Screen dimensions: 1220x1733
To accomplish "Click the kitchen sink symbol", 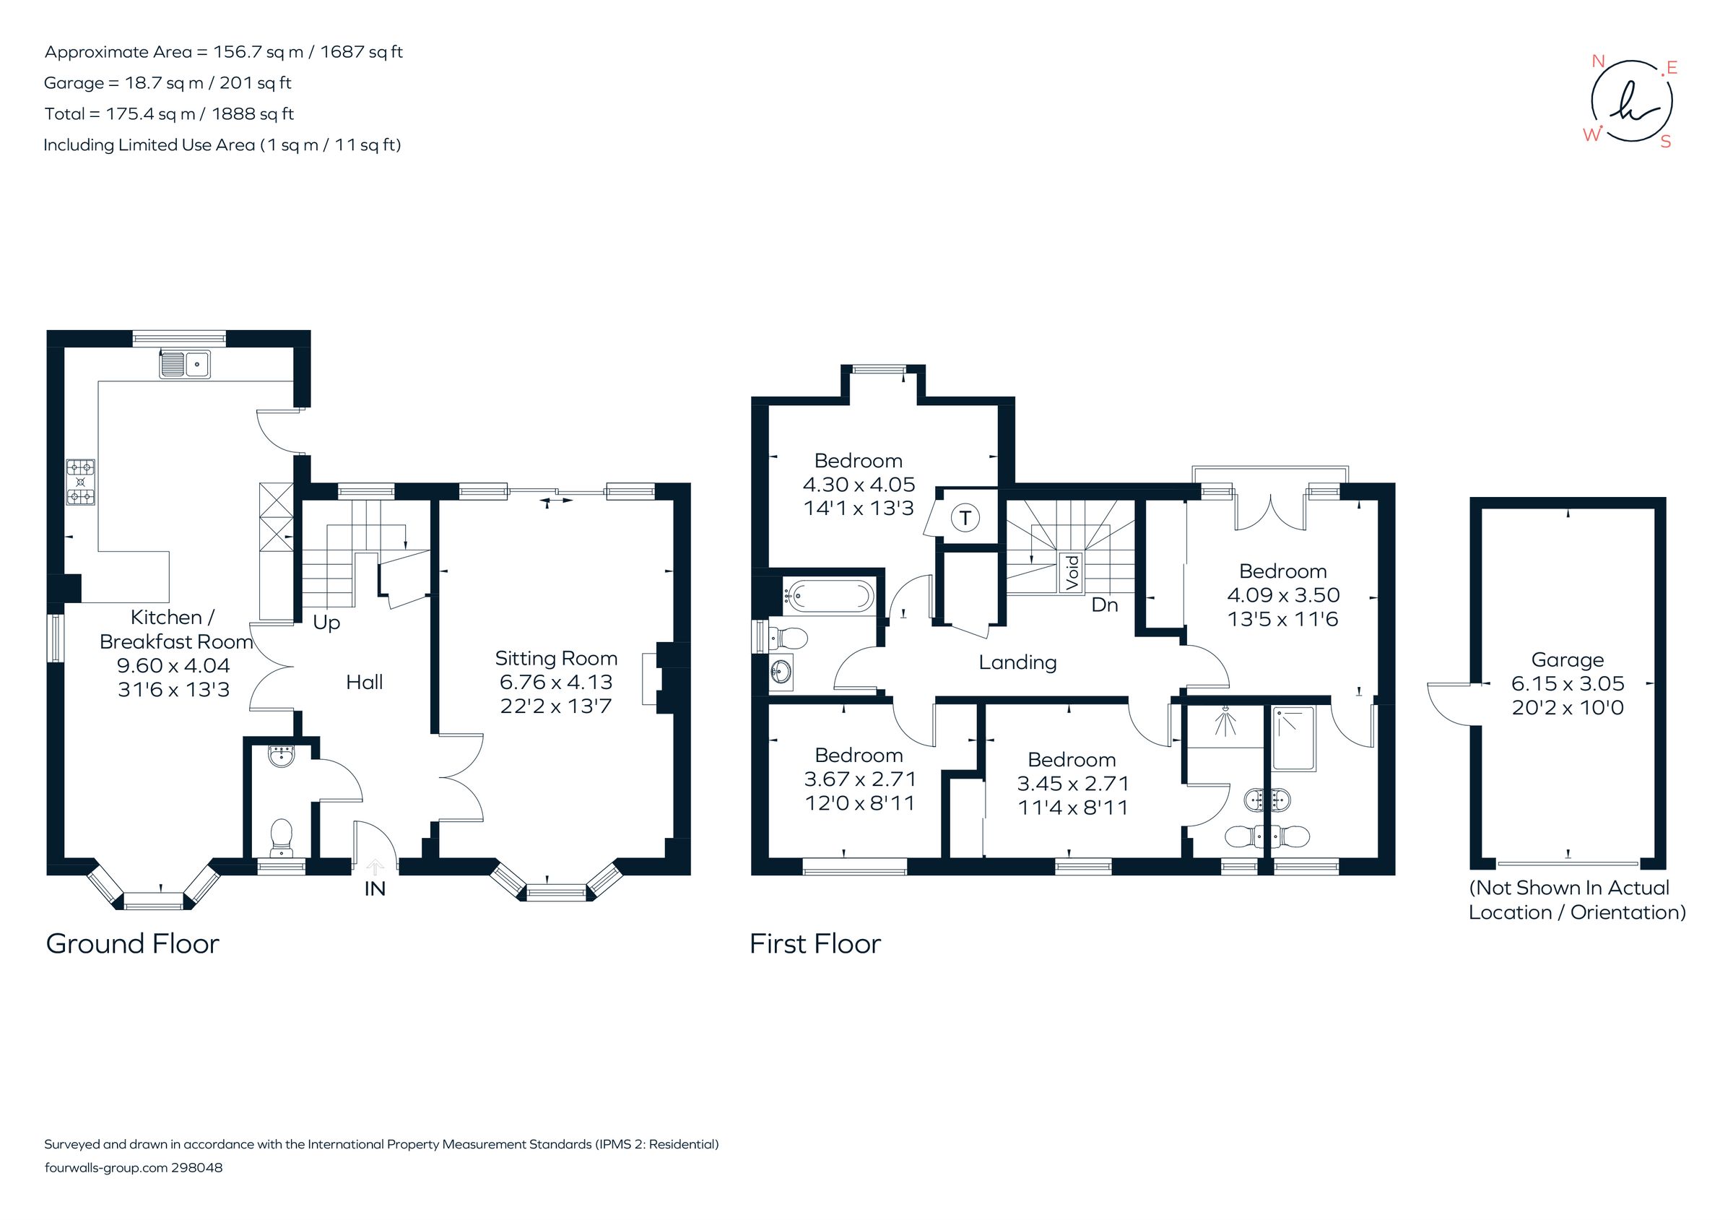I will (x=184, y=365).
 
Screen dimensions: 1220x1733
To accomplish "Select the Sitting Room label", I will (x=555, y=658).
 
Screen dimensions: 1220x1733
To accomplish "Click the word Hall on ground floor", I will (x=364, y=683).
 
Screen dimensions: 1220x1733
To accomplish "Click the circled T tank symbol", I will (x=965, y=519).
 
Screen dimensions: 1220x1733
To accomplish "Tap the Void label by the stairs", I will (x=1072, y=572).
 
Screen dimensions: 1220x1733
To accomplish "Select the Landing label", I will (x=1017, y=663).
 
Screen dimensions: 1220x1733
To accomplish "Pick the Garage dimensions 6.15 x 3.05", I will (x=1567, y=684).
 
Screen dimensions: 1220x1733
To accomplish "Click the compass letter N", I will (x=1597, y=62).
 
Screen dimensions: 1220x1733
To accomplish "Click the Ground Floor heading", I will (x=133, y=943).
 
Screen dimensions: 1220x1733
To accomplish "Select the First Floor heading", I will (x=815, y=943).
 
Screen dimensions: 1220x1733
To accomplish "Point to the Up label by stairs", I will (x=326, y=623).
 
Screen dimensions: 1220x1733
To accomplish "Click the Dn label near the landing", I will (x=1104, y=605).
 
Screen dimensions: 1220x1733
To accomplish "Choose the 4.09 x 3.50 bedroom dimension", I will (x=1282, y=595).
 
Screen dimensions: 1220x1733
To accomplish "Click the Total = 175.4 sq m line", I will (x=169, y=114).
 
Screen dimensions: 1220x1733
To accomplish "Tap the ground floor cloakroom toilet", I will (x=282, y=836).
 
